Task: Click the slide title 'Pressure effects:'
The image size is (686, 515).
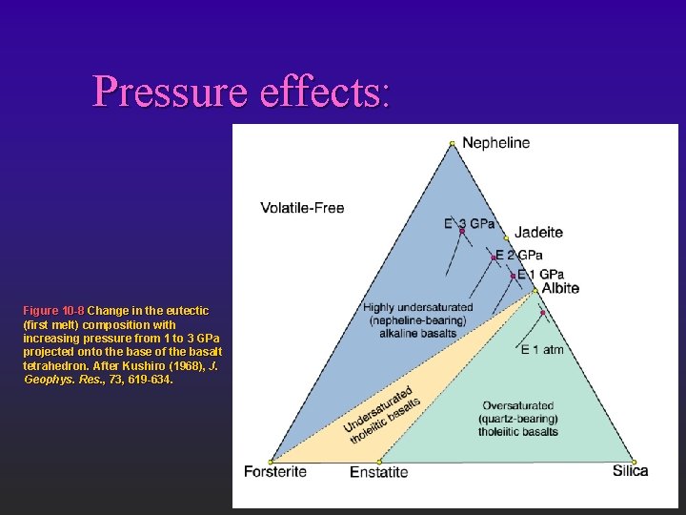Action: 242,92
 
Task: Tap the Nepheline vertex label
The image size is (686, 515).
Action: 496,143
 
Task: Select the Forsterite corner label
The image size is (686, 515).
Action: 275,471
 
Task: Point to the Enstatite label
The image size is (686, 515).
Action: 379,472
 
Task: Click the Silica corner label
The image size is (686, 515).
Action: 630,470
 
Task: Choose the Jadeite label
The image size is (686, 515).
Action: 538,232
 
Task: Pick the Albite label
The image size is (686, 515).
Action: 560,288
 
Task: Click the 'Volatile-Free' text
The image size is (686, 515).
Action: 303,208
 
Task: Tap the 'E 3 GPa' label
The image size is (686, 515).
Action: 470,224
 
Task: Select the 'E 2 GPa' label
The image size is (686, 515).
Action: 520,256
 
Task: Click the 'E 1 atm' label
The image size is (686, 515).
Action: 542,350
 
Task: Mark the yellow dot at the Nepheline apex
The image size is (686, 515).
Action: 453,144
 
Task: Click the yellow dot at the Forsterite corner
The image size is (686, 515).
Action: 271,462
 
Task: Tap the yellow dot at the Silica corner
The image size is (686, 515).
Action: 635,462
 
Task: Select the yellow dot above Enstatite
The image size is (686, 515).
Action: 379,462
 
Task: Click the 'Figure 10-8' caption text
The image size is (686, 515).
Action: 53,311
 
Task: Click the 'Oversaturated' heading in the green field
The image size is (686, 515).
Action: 518,405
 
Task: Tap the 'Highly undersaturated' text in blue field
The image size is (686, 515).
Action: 417,307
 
